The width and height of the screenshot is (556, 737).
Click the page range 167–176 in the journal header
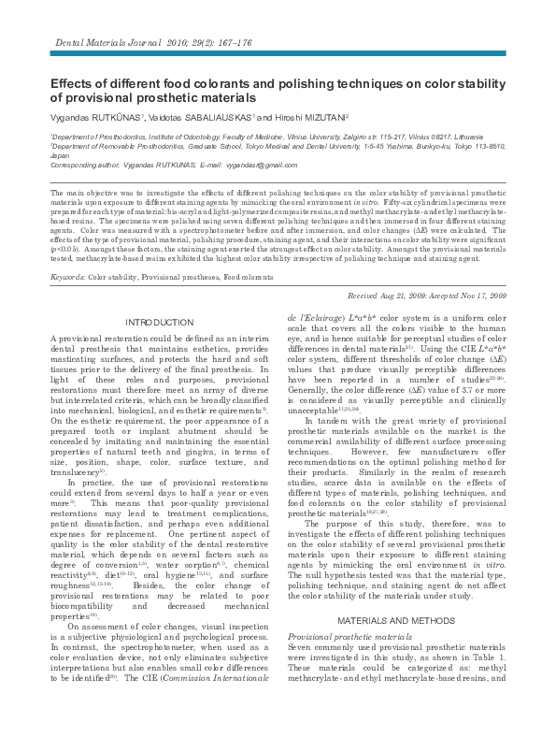coord(236,44)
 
